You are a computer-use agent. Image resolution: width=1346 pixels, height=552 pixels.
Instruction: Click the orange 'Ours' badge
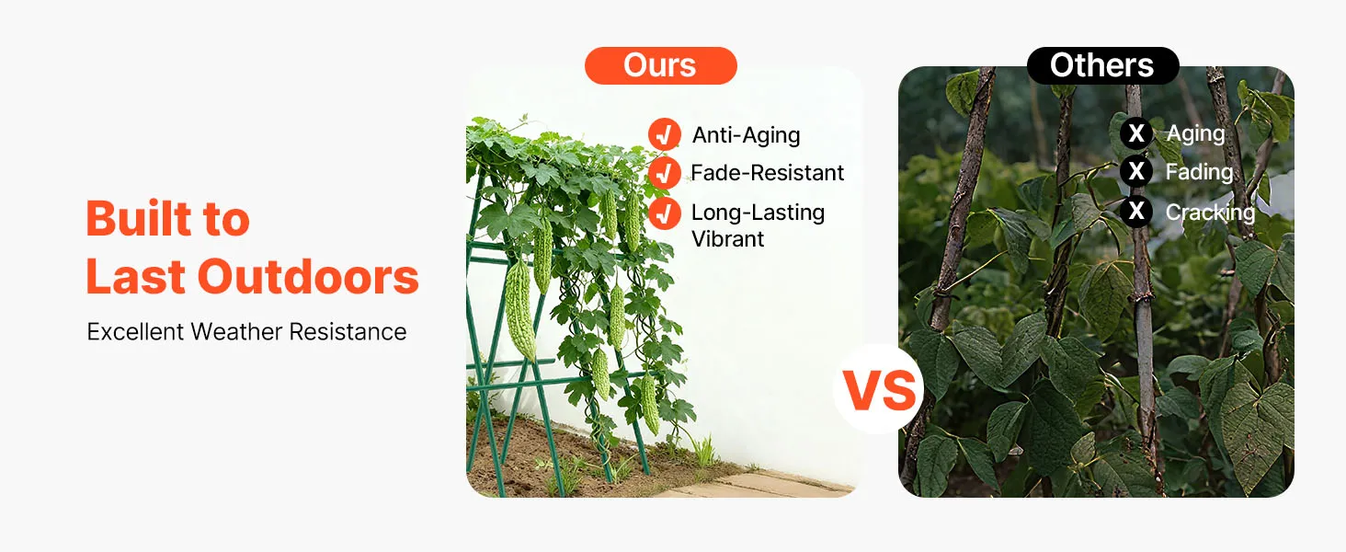[x=660, y=65]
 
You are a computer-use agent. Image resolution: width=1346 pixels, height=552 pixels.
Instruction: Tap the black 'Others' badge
[x=1102, y=65]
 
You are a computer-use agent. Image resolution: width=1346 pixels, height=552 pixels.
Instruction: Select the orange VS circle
[x=879, y=389]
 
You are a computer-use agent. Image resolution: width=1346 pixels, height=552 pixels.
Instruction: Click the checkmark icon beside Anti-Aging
[x=664, y=134]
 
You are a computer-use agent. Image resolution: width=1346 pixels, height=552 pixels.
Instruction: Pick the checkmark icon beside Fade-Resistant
[x=664, y=173]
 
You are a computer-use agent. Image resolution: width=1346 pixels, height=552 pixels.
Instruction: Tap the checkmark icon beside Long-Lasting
[x=664, y=213]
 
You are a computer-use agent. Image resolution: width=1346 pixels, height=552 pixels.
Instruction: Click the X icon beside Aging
[x=1136, y=132]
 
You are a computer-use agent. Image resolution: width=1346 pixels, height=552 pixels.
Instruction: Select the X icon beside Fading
[x=1136, y=171]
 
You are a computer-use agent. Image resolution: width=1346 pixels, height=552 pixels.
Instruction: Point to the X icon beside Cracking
[x=1136, y=211]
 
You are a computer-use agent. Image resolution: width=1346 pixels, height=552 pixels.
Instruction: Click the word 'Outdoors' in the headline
[x=308, y=277]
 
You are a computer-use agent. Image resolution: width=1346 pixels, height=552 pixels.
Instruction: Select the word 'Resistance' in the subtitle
[x=348, y=332]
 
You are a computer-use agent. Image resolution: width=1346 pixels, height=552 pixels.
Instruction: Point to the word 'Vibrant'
[x=727, y=239]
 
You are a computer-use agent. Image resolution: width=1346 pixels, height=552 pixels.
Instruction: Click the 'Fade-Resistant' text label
[x=768, y=173]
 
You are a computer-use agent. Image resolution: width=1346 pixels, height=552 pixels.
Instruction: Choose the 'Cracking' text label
[x=1210, y=213]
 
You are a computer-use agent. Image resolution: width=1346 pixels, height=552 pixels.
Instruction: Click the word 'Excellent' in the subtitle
[x=135, y=332]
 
